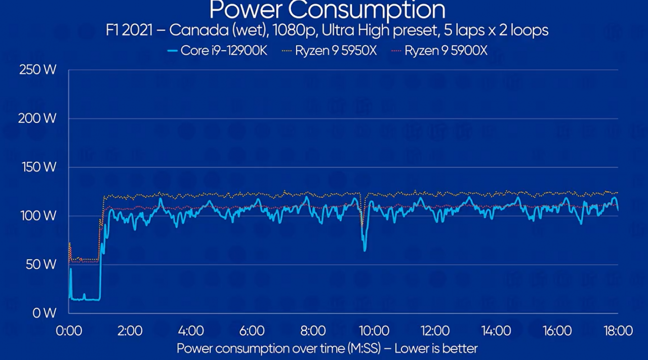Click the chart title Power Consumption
328,10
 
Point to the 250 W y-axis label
37,70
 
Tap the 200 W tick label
37,118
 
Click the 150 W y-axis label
37,167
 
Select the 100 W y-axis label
37,216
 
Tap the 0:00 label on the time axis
69,331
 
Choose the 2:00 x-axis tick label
130,331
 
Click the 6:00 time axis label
252,331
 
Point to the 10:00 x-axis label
374,331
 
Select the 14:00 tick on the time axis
496,331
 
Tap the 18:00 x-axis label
618,331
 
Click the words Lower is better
436,348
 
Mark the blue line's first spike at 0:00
71,269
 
